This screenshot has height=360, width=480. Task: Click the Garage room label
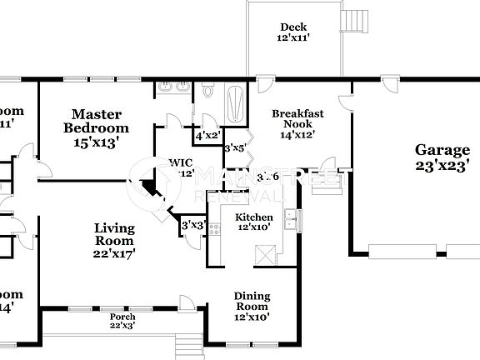[442, 150]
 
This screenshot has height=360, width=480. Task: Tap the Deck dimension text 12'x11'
[292, 37]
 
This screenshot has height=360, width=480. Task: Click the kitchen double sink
[290, 219]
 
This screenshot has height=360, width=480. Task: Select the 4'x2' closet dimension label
[207, 135]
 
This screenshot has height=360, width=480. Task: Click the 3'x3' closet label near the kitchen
[192, 224]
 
